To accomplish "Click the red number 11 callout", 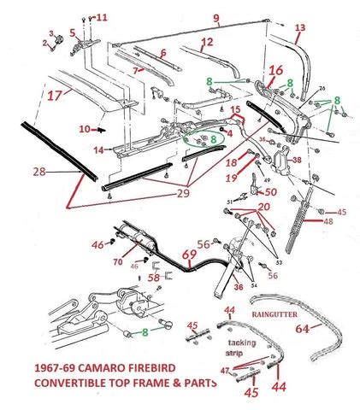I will point(102,17).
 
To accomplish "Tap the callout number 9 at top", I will point(216,18).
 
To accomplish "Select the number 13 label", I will point(299,28).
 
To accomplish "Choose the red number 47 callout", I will point(225,372).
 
